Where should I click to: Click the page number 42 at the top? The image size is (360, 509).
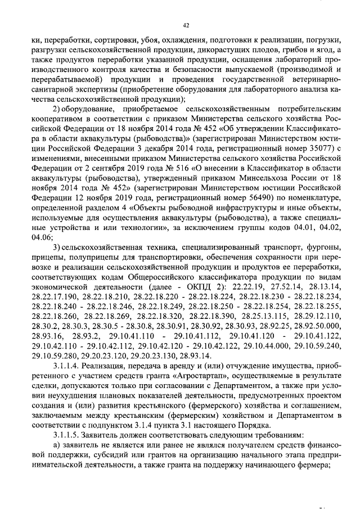click(x=186, y=25)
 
